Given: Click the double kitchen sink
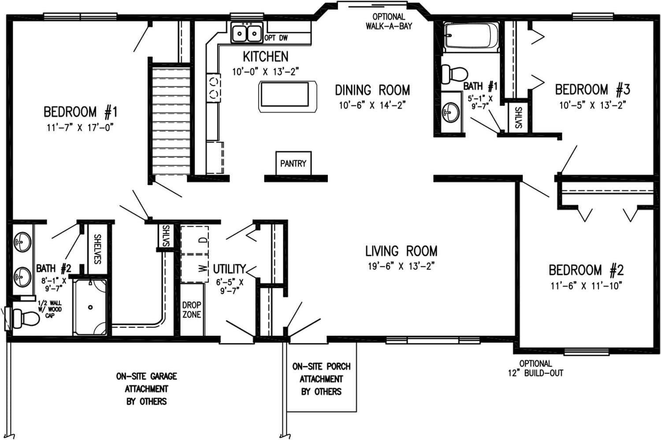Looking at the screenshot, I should point(247,33).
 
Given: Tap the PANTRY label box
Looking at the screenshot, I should point(293,164).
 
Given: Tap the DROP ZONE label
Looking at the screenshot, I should point(192,309).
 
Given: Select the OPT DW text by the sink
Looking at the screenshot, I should point(276,38).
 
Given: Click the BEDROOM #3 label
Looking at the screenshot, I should point(592,90).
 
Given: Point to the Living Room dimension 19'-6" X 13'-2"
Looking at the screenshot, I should point(401,266).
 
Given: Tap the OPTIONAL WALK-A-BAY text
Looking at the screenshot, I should point(389,21).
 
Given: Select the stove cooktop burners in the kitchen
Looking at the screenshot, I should point(214,87).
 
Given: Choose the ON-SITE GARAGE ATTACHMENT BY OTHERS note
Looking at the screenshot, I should point(146,389).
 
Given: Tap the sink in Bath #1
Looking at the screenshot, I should point(450,112).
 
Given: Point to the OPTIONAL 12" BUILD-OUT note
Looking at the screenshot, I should point(535,368).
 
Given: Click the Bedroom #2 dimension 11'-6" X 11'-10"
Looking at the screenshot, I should point(586,286).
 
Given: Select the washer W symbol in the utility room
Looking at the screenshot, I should point(202,267).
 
